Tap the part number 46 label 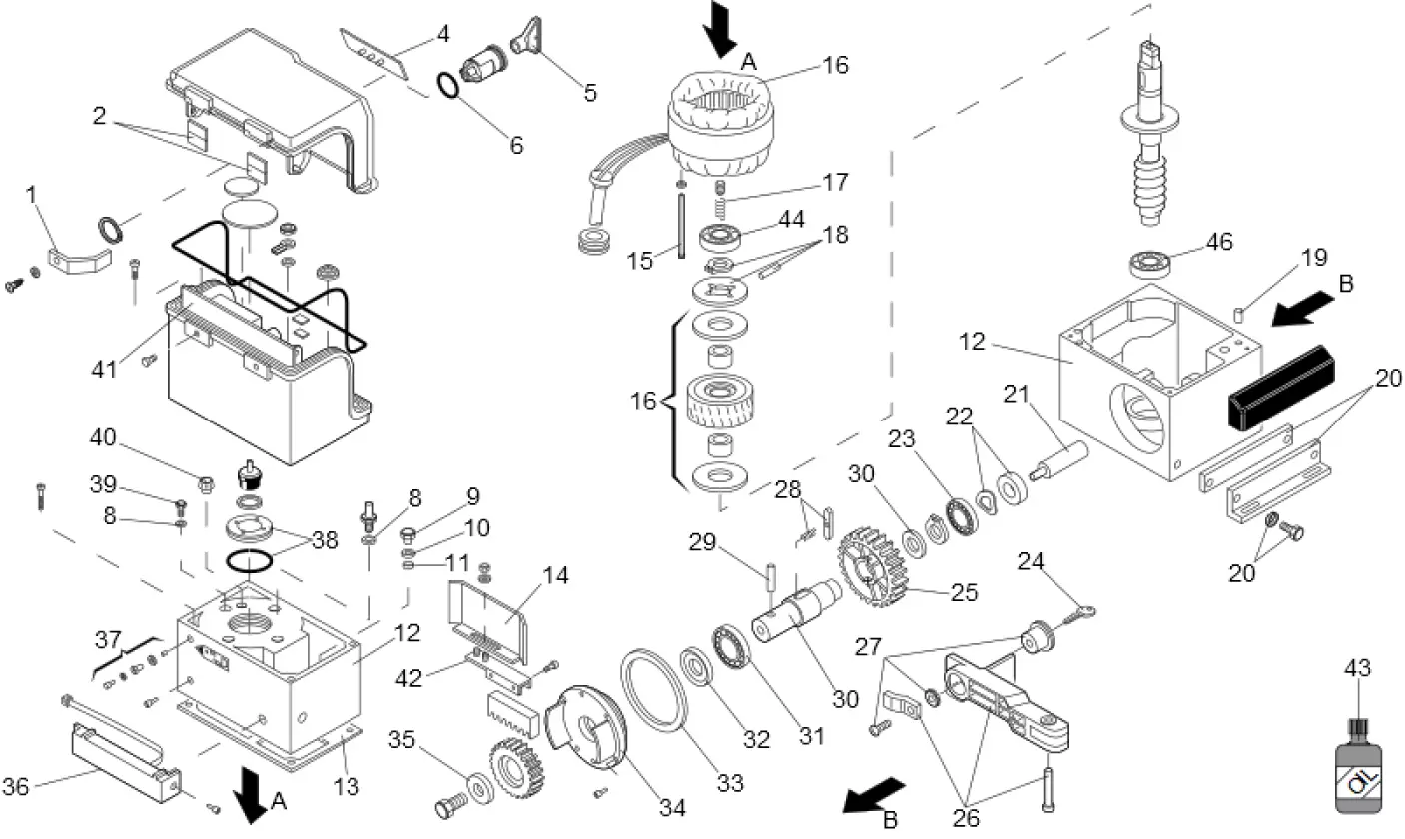coord(1218,242)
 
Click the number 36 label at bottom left coord(16,787)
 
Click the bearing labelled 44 coord(720,238)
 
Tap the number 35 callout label coord(401,740)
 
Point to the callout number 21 coord(1017,396)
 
